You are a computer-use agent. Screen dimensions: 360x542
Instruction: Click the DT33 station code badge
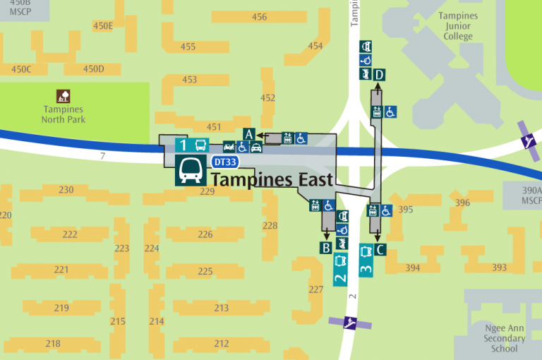tap(224, 162)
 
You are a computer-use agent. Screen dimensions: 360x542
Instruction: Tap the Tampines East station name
tap(272, 180)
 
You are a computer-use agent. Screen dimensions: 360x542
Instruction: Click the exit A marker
tap(248, 133)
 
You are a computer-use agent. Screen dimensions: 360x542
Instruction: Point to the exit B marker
tap(326, 248)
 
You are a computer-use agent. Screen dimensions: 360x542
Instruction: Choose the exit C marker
tap(380, 248)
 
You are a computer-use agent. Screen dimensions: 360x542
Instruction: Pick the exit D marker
tap(380, 75)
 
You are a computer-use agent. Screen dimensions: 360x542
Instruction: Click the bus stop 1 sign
tap(192, 146)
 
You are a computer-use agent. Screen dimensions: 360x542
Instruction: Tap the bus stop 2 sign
tap(340, 270)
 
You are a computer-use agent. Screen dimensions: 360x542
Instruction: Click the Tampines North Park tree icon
tap(64, 96)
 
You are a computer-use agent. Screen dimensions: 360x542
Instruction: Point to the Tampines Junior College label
tap(458, 26)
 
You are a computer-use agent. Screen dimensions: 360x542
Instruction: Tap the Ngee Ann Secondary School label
tap(505, 338)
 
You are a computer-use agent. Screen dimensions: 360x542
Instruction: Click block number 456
tap(259, 17)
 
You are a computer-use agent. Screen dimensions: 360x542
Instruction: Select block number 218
tap(52, 343)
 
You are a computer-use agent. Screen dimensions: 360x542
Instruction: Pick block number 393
tap(499, 268)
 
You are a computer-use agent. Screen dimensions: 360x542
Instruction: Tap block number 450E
tap(103, 26)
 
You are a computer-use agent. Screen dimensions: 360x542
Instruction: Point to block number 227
tap(316, 289)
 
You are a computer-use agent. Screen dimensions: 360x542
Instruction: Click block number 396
tap(463, 203)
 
